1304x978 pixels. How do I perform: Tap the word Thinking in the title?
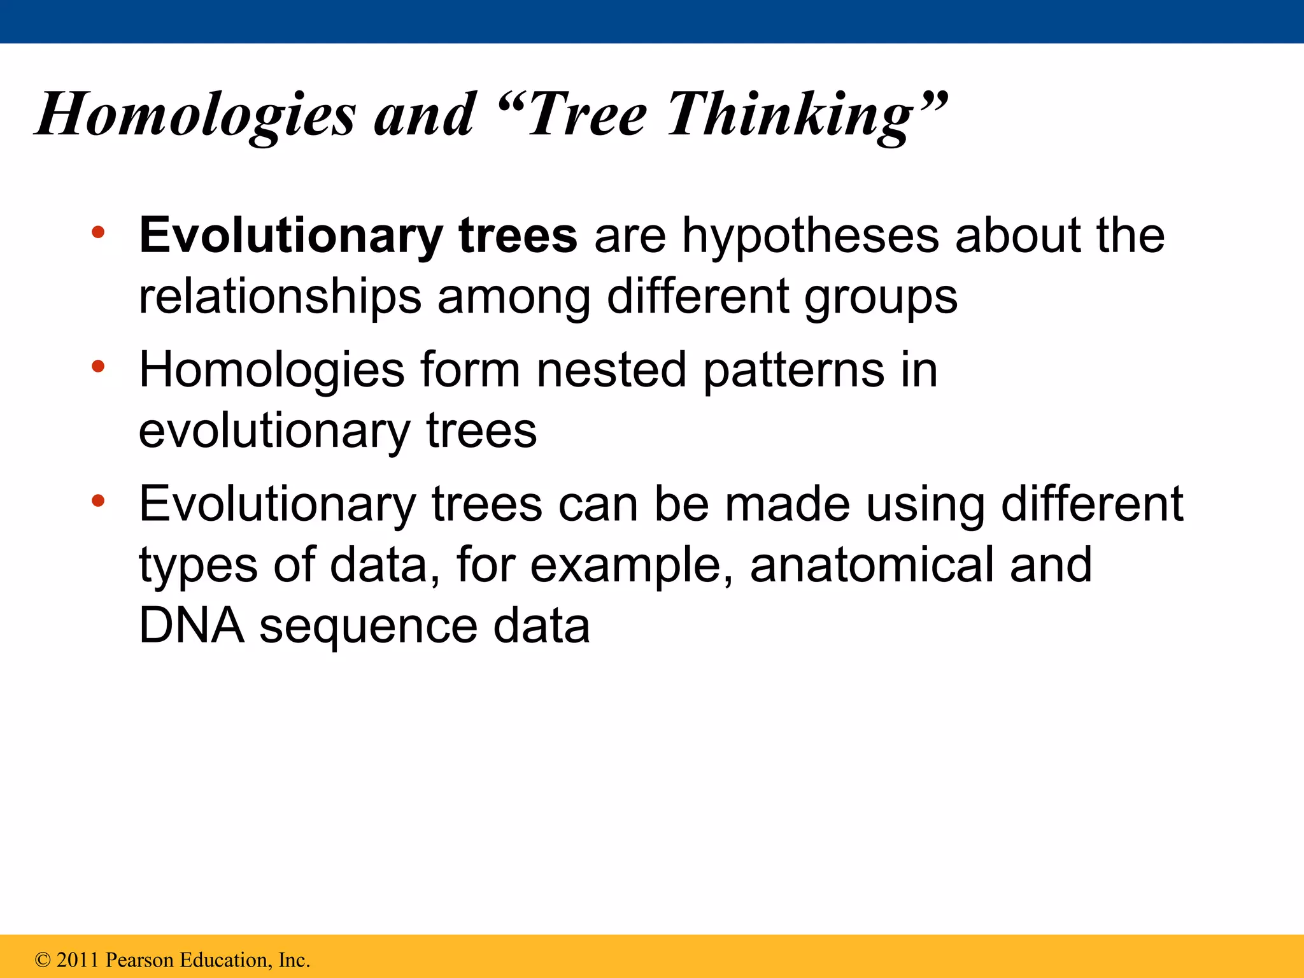tap(790, 115)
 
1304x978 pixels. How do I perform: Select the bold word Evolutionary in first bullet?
tap(290, 236)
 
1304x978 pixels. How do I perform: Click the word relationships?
tap(280, 297)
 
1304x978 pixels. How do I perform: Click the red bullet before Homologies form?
tap(97, 366)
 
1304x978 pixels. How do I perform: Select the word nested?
tap(611, 369)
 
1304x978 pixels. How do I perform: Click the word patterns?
tap(793, 371)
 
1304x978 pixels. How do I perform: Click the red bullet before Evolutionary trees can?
tap(97, 500)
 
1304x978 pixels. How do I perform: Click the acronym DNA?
tap(192, 625)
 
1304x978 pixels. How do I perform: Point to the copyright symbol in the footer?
tap(43, 960)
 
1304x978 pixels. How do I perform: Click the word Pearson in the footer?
tap(139, 960)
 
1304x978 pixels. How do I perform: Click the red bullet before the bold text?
tap(97, 232)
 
